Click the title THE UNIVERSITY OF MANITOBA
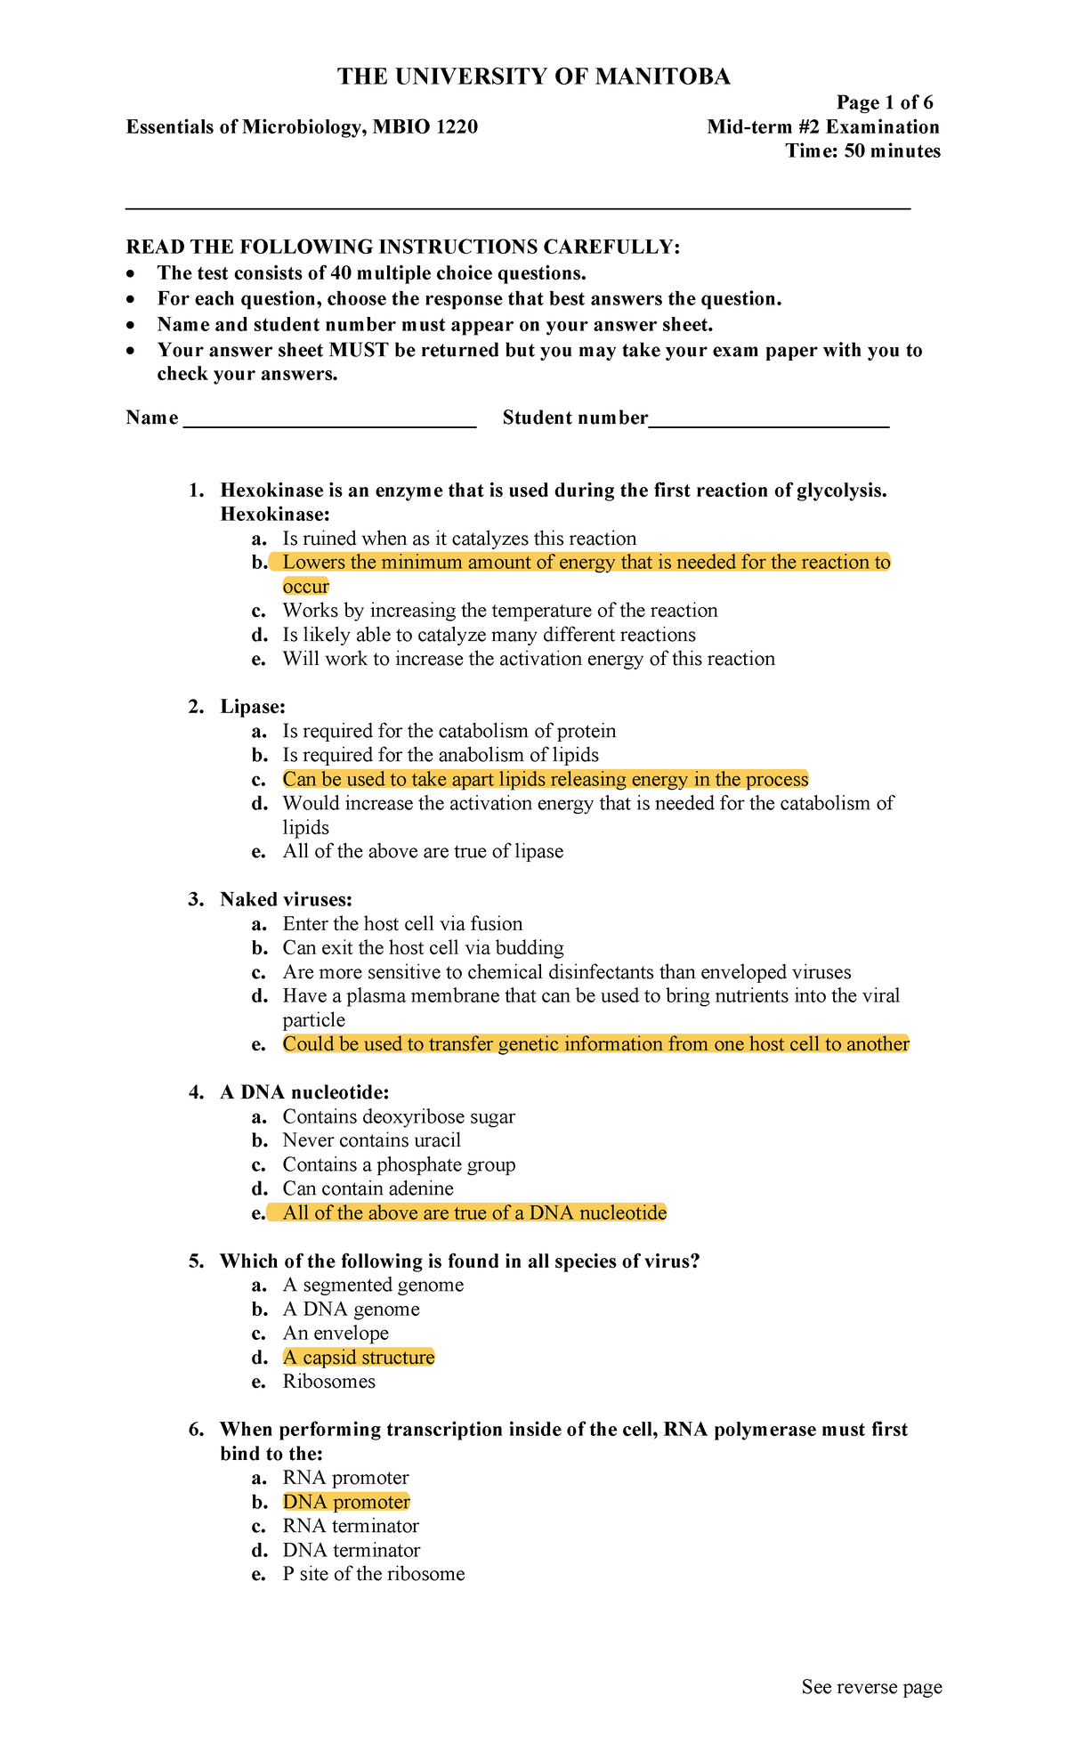pyautogui.click(x=533, y=77)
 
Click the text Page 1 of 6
pyautogui.click(x=884, y=103)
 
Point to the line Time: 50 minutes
pyautogui.click(x=862, y=151)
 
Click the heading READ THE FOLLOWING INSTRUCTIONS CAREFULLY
pyautogui.click(x=402, y=247)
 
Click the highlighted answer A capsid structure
pyautogui.click(x=359, y=1358)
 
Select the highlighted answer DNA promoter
pyautogui.click(x=346, y=1503)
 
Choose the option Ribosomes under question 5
pyautogui.click(x=328, y=1382)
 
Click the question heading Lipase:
pyautogui.click(x=253, y=707)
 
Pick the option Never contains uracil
pyautogui.click(x=371, y=1140)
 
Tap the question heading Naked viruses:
pyautogui.click(x=286, y=899)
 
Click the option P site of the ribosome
pyautogui.click(x=373, y=1575)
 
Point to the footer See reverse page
pyautogui.click(x=871, y=1688)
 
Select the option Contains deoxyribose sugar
pyautogui.click(x=399, y=1116)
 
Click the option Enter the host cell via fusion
pyautogui.click(x=402, y=924)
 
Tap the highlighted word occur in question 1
pyautogui.click(x=305, y=587)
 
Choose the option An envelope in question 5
pyautogui.click(x=336, y=1334)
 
